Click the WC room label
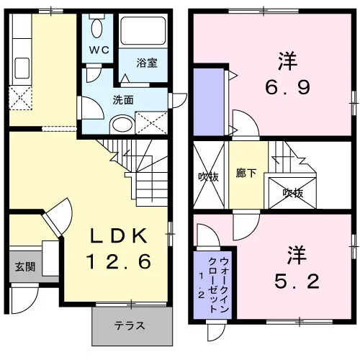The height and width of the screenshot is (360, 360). click(x=99, y=50)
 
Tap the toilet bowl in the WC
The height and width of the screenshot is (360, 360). click(x=97, y=28)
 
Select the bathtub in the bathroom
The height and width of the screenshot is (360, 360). click(x=143, y=31)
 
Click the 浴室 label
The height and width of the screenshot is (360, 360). click(x=147, y=63)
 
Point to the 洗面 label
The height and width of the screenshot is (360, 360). click(x=123, y=100)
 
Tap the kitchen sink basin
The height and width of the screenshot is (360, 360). click(x=22, y=68)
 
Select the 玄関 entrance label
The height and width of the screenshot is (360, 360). click(x=25, y=266)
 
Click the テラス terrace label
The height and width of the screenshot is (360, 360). click(x=130, y=325)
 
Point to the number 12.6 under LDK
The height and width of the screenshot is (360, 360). click(x=119, y=261)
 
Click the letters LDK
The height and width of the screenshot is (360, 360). click(x=119, y=235)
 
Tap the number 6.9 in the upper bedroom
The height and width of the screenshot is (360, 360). click(x=287, y=87)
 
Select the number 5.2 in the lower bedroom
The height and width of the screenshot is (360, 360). click(x=297, y=282)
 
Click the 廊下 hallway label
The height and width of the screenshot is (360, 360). click(x=246, y=173)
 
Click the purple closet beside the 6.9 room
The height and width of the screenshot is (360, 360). click(x=209, y=102)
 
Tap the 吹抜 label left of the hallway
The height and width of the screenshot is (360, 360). click(x=208, y=177)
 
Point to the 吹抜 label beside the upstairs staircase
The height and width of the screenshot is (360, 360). click(x=293, y=193)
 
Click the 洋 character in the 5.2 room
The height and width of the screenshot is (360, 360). click(x=297, y=255)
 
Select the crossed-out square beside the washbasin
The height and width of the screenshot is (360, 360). click(x=151, y=123)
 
